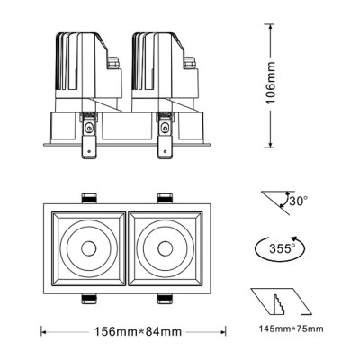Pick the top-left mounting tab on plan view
click(89, 198)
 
